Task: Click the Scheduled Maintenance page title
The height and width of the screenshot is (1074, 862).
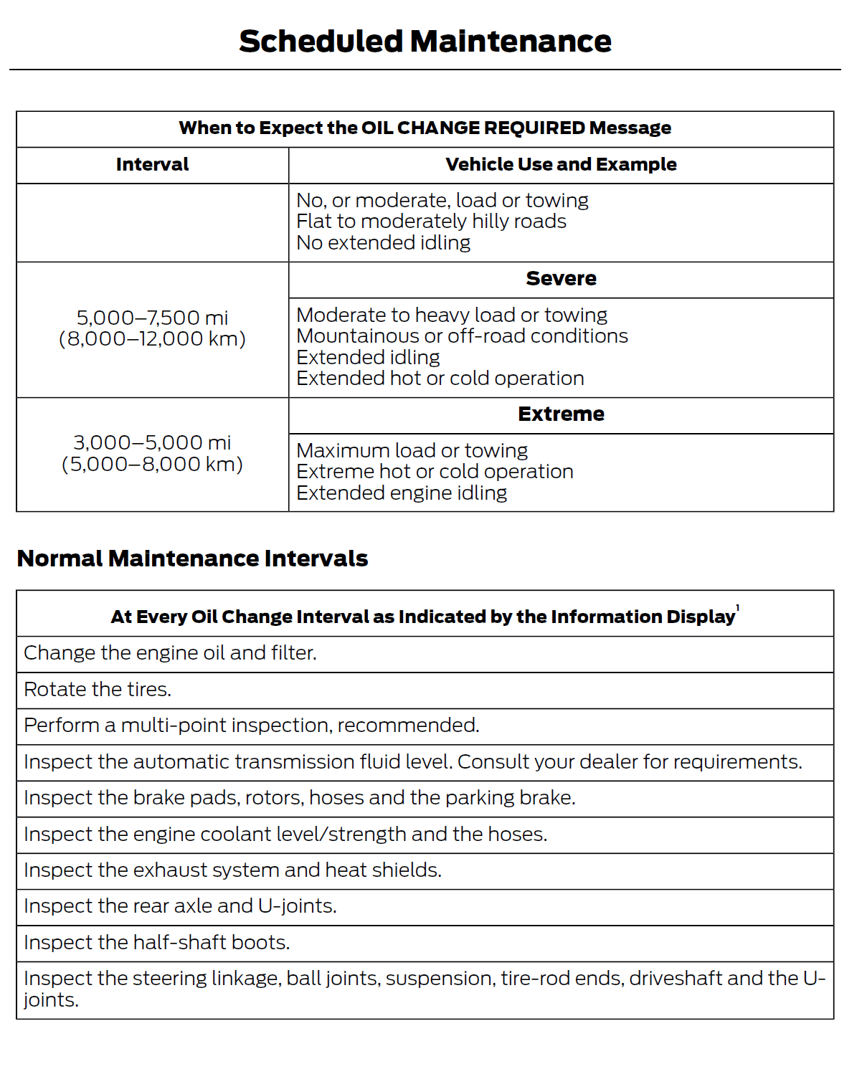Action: pyautogui.click(x=425, y=42)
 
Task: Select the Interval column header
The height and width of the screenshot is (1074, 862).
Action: pyautogui.click(x=152, y=165)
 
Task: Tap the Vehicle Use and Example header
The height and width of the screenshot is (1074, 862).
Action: pyautogui.click(x=561, y=165)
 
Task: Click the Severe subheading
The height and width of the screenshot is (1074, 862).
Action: pyautogui.click(x=561, y=279)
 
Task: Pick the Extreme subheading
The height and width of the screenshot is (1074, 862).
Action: pyautogui.click(x=561, y=414)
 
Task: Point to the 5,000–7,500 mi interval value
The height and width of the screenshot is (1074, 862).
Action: pyautogui.click(x=152, y=318)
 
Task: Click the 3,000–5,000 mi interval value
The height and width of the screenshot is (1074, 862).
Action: pyautogui.click(x=152, y=442)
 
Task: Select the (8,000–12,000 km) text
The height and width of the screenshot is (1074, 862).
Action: pyautogui.click(x=152, y=339)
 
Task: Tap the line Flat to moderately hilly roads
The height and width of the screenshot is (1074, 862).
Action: pyautogui.click(x=431, y=222)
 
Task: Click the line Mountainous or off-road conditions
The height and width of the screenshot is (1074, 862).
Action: pyautogui.click(x=462, y=336)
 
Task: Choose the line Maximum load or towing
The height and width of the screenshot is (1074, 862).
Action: pyautogui.click(x=412, y=450)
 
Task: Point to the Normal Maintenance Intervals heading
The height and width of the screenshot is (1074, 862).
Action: pyautogui.click(x=192, y=559)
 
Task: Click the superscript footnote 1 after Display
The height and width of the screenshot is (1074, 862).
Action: pyautogui.click(x=738, y=609)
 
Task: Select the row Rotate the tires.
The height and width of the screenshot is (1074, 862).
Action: pyautogui.click(x=98, y=690)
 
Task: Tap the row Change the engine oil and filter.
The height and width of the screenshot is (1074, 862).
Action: pyautogui.click(x=170, y=653)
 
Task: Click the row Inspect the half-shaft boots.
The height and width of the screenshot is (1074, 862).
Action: pyautogui.click(x=156, y=943)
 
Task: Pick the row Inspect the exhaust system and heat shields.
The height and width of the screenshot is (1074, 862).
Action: pyautogui.click(x=232, y=870)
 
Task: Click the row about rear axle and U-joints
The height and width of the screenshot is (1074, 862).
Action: pyautogui.click(x=180, y=906)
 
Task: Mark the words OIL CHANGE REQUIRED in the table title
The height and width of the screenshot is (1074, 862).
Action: pyautogui.click(x=473, y=128)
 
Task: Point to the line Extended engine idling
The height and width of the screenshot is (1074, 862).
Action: pyautogui.click(x=402, y=493)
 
